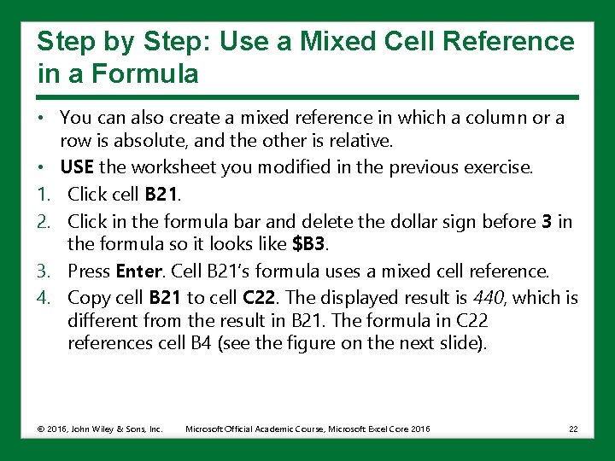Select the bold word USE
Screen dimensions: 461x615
76,167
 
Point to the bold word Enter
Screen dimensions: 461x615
138,271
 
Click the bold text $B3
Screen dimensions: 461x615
308,245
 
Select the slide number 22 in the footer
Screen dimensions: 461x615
573,429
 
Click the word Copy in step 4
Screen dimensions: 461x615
86,298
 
